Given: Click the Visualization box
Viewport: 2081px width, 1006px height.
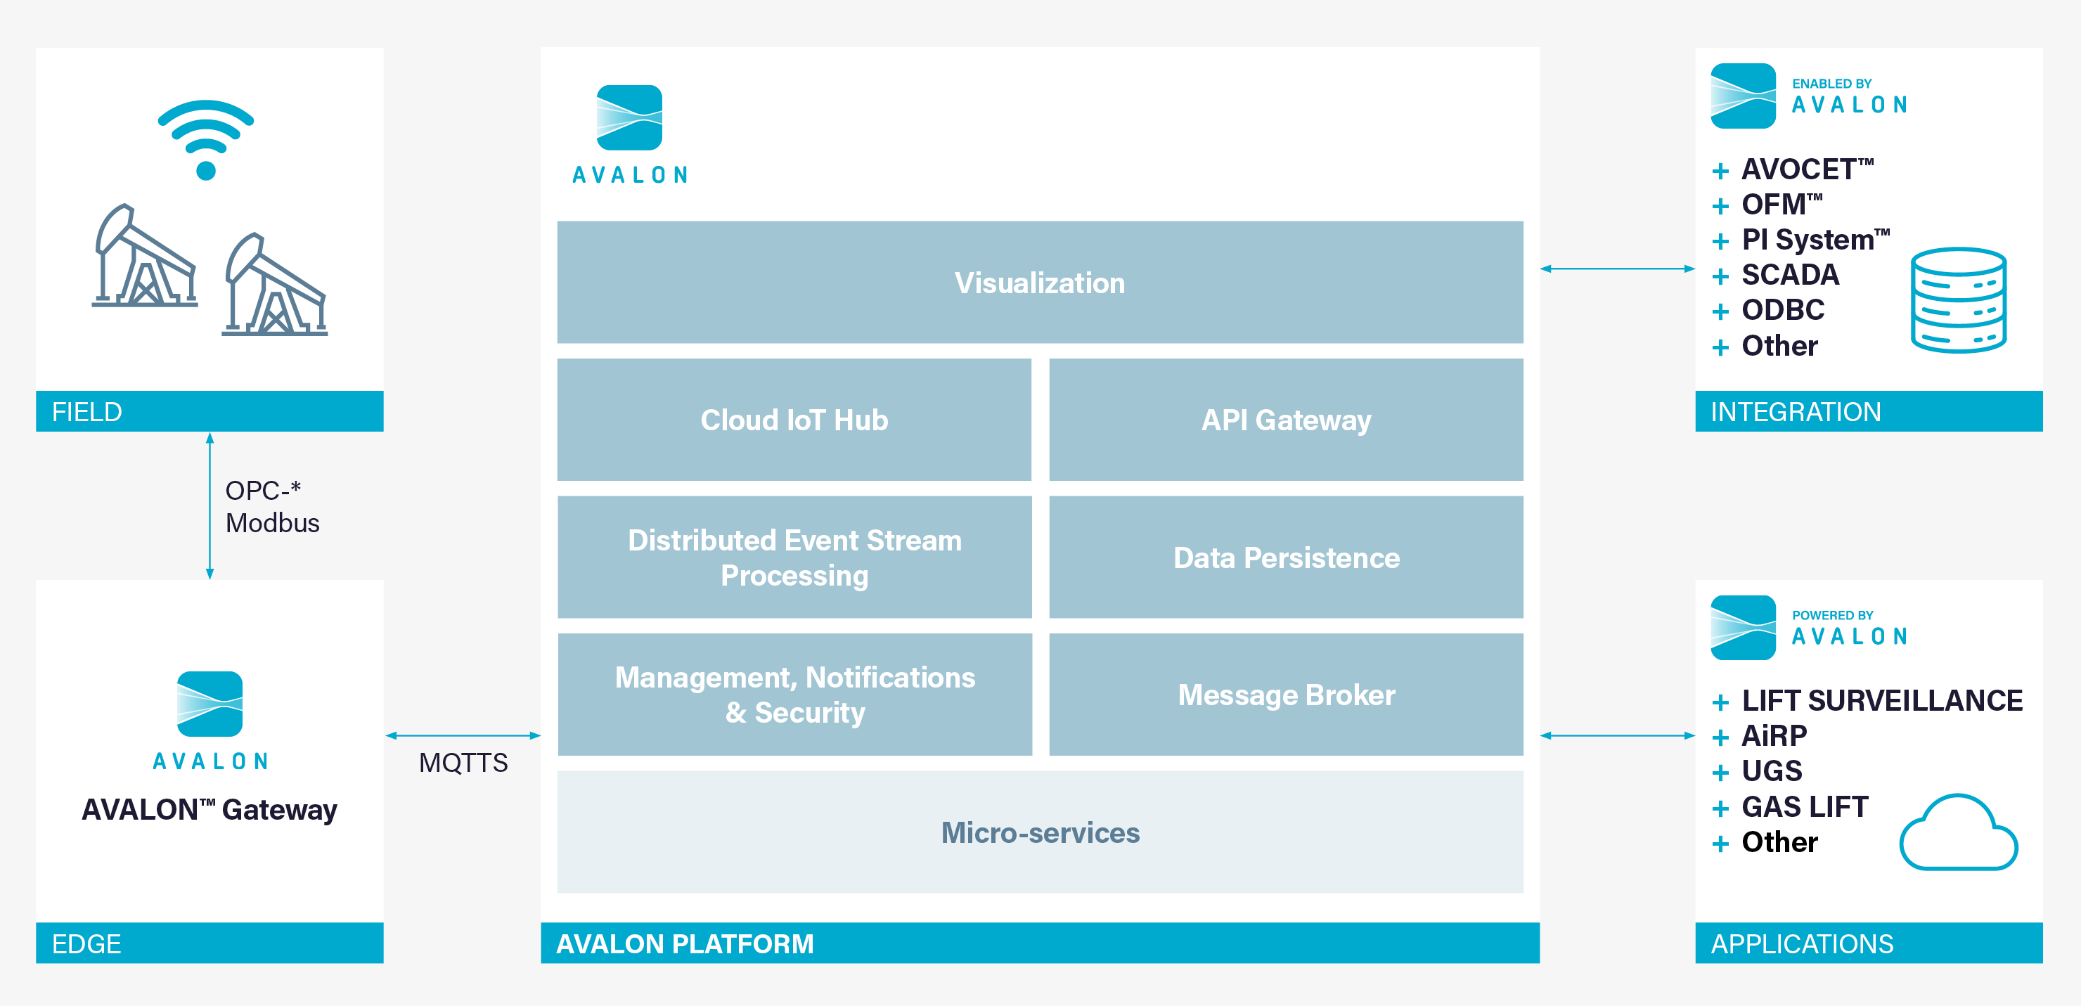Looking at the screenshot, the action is [x=1040, y=282].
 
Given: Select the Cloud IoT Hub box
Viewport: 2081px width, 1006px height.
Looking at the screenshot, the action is [x=794, y=420].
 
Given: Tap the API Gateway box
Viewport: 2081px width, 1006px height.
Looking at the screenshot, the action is [x=1286, y=420].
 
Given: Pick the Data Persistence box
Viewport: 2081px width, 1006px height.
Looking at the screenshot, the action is [x=1286, y=557].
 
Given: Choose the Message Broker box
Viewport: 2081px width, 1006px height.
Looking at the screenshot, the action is [x=1286, y=694].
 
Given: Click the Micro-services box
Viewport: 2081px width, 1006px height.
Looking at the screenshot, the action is [x=1040, y=832].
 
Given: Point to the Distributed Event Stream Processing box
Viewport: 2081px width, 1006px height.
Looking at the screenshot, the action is [x=794, y=557].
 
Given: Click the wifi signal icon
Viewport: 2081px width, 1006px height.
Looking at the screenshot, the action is [x=206, y=139].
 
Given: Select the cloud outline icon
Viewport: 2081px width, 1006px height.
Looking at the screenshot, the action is [x=1958, y=832].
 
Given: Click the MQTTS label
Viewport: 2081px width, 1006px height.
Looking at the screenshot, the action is [x=463, y=763].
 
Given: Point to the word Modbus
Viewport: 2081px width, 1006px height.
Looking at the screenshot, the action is [x=272, y=523].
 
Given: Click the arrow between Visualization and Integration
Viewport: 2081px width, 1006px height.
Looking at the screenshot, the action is [x=1617, y=269].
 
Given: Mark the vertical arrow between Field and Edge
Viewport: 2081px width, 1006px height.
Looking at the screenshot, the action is [x=210, y=506].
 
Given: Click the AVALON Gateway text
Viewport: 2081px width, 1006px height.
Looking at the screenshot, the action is [x=210, y=810].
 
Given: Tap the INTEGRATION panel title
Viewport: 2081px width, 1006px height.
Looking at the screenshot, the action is [x=1796, y=412].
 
